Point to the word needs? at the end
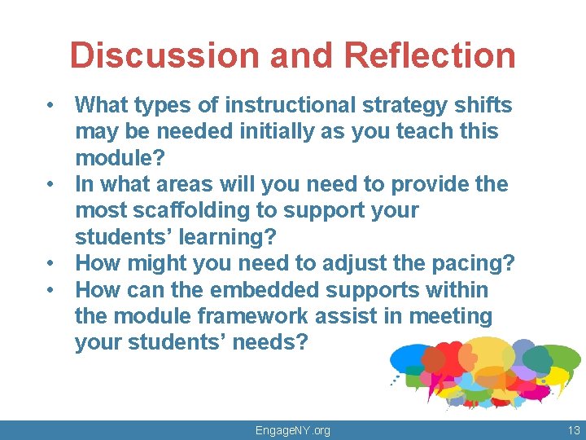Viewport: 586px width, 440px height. pos(269,342)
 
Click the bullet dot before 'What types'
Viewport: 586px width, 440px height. pos(50,106)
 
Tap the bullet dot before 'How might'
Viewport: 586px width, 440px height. pos(50,264)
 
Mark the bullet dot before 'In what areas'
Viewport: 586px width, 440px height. pos(50,185)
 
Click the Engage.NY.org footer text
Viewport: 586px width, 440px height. pos(293,430)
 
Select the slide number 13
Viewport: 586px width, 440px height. pos(573,430)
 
